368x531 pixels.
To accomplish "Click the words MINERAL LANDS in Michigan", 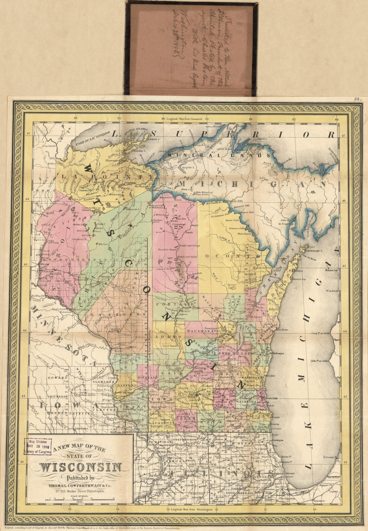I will [x=219, y=155].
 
